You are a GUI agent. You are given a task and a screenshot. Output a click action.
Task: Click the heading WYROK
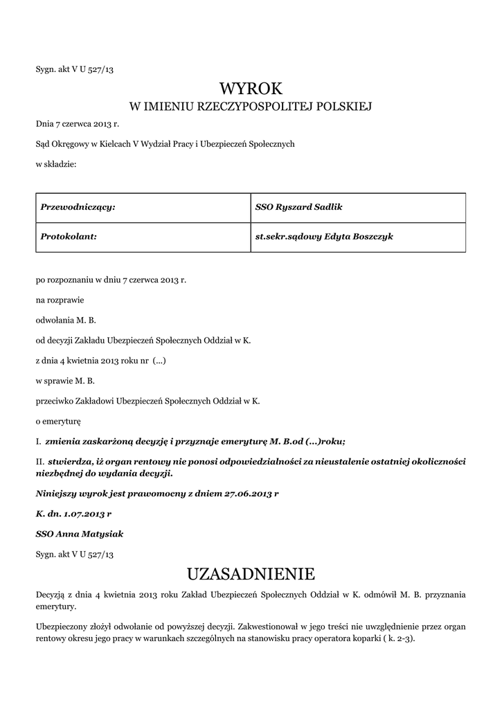click(251, 89)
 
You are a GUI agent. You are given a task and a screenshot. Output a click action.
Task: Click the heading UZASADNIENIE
click(251, 574)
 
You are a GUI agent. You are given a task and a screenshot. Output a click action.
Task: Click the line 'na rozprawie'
click(60, 300)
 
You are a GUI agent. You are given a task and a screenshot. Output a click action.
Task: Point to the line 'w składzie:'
click(56, 164)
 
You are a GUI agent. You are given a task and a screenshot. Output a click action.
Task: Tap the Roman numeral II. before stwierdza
click(39, 461)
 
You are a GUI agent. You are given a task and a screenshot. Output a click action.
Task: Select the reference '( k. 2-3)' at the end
click(398, 638)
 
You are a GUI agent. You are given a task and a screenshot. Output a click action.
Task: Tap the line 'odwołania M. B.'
click(66, 321)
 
